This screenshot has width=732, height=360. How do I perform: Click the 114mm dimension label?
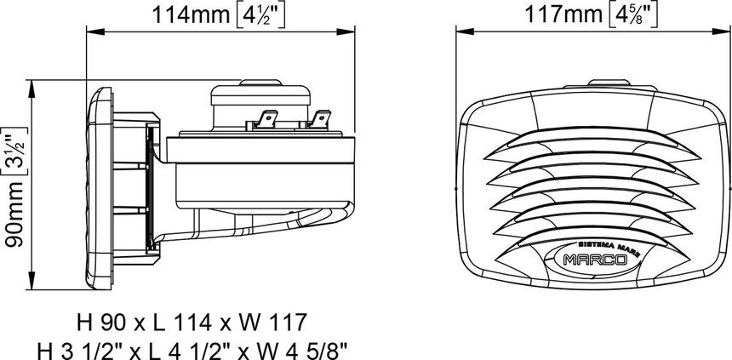(191, 15)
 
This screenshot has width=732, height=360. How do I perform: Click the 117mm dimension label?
(564, 15)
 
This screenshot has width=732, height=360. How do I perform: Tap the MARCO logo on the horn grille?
(595, 260)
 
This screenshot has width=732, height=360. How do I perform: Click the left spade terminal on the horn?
(266, 119)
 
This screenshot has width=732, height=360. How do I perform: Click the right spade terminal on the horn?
(320, 119)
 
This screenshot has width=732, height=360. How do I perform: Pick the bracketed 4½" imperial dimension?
(258, 16)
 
